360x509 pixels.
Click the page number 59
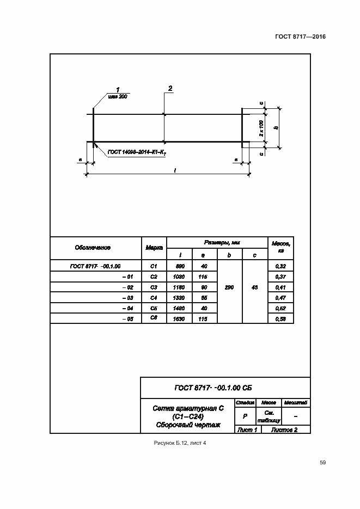[x=323, y=463]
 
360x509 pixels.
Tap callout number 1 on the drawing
[x=118, y=89]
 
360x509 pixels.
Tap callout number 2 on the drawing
[x=170, y=88]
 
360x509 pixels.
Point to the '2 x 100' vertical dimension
[x=261, y=128]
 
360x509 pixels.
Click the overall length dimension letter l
[x=174, y=170]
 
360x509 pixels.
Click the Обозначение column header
[x=93, y=248]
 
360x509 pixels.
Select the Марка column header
[x=154, y=248]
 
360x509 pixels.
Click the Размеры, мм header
[x=218, y=242]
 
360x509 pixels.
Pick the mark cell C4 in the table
[x=154, y=297]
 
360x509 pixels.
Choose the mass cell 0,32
[x=281, y=266]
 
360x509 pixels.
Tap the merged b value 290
[x=229, y=287]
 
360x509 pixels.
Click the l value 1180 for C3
[x=180, y=287]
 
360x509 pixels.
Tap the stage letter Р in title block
[x=245, y=416]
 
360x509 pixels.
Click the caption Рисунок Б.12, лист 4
[x=180, y=443]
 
